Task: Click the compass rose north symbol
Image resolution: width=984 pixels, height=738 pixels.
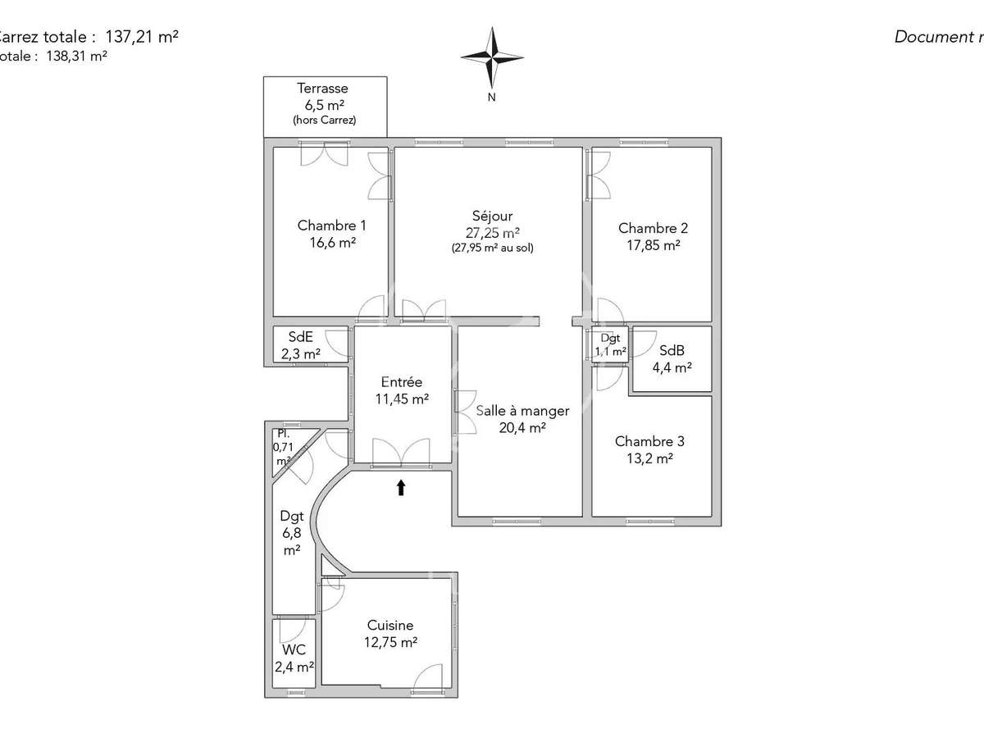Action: (492, 57)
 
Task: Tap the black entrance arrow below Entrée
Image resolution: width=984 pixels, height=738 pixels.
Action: (401, 488)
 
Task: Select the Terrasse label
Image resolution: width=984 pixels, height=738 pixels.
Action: (322, 89)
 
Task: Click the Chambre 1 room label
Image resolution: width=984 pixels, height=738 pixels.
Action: (331, 225)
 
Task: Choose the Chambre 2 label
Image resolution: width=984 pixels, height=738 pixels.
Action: (653, 228)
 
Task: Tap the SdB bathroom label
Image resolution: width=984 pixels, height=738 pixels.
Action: (672, 351)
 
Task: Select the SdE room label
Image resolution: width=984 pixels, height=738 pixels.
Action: (300, 337)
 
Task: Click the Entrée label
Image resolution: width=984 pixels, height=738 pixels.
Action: (402, 382)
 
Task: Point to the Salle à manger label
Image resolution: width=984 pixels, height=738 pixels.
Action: (522, 410)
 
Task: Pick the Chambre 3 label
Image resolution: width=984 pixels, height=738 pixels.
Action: (649, 441)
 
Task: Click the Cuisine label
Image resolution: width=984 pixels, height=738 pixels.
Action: (390, 626)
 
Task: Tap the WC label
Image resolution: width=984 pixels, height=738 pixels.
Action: (294, 650)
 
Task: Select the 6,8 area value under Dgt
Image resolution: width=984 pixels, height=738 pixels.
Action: (292, 533)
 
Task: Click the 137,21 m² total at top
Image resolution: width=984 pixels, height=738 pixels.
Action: (142, 37)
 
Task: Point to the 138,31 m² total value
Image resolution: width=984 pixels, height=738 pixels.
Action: (76, 57)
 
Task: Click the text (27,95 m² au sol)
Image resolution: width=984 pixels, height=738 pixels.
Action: (492, 248)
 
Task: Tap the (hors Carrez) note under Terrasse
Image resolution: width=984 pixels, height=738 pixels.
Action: (324, 121)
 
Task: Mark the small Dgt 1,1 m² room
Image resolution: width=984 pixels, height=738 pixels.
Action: (610, 344)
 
